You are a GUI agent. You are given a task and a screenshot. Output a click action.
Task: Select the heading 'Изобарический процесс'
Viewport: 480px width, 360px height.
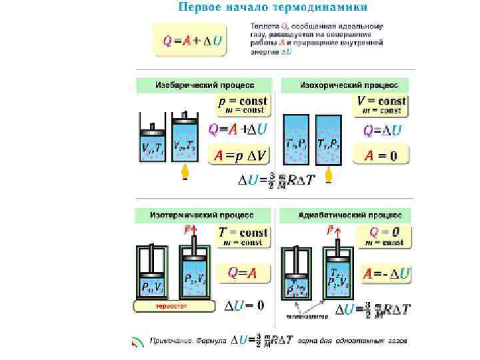coord(204,85)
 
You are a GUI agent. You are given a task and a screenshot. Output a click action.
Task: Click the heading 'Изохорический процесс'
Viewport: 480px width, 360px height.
coord(345,85)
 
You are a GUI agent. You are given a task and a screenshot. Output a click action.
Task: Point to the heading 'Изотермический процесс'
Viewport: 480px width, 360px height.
coord(204,215)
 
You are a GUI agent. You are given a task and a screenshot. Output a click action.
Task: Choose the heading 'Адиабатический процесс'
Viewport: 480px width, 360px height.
coord(345,215)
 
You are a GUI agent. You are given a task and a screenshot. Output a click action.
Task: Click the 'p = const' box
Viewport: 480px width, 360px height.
coord(243,104)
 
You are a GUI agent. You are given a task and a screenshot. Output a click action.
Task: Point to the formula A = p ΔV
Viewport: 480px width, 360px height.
coord(241,156)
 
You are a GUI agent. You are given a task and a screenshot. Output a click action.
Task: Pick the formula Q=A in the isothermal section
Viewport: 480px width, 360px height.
coord(242,273)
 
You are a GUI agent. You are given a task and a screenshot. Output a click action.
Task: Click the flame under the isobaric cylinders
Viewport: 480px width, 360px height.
coord(186,174)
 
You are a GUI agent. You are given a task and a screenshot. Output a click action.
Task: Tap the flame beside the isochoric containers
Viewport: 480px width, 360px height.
coord(328,175)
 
